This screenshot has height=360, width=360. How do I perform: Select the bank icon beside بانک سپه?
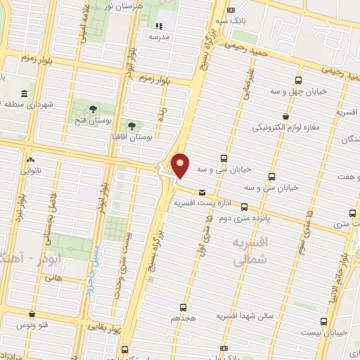point(232,10)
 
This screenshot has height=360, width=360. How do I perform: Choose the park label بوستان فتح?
point(93,120)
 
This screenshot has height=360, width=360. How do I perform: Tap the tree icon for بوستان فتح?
point(93,108)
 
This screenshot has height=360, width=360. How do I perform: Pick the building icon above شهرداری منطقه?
point(25,94)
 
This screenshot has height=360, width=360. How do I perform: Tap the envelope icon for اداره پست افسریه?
point(202,192)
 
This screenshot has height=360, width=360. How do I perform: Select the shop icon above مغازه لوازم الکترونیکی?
point(285,117)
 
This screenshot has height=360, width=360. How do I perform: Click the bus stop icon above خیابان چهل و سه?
point(299,80)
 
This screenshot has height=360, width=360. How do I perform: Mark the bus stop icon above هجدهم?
point(183,307)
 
